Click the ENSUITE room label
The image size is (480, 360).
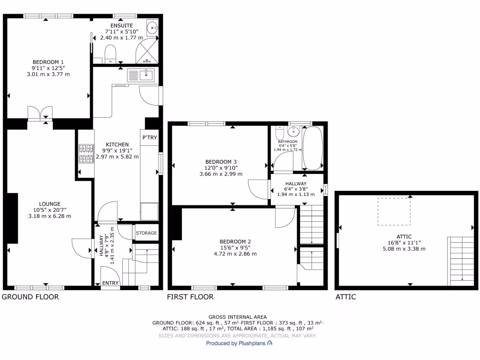coord(121,25)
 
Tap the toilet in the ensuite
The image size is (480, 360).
coord(110,52)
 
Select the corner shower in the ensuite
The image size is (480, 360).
coord(148,52)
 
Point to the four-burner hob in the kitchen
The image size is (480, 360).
coord(86,154)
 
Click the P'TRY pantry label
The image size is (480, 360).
coord(150,137)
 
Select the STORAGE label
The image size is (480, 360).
coord(146,233)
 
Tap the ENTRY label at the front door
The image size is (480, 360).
coord(110,283)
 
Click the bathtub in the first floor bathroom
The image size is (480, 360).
coord(312,148)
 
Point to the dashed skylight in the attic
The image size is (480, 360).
coord(395,211)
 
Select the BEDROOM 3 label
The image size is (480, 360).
coord(220,162)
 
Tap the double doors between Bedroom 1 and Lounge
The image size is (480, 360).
coord(40,114)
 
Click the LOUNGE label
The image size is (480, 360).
coord(49,204)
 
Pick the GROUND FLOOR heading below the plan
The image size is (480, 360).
coord(30,297)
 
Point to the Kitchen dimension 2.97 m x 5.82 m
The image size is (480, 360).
coord(117,157)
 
